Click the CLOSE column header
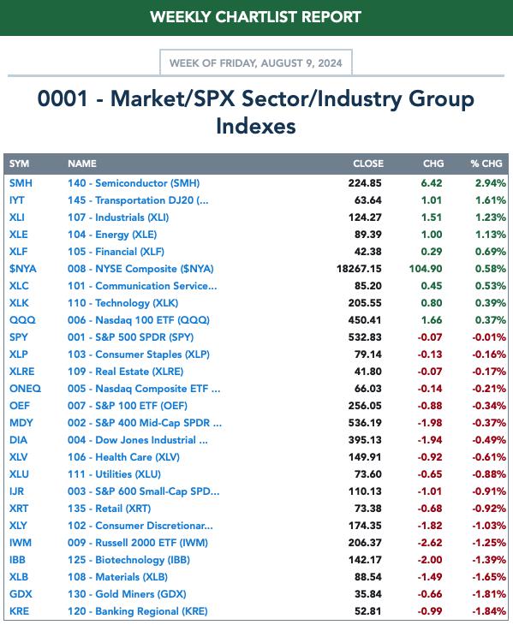(x=368, y=164)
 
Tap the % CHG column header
(x=486, y=164)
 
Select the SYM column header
(x=19, y=164)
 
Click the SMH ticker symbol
(x=21, y=183)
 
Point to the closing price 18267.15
(x=359, y=269)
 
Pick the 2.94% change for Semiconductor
(x=490, y=183)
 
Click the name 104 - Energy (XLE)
(x=112, y=235)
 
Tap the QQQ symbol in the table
(x=22, y=320)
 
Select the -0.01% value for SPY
(x=489, y=337)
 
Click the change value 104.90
(x=426, y=269)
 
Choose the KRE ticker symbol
(x=19, y=611)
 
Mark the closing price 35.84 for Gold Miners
(x=368, y=594)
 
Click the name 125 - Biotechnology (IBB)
(x=128, y=560)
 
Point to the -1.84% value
(x=489, y=611)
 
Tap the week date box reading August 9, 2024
(x=256, y=62)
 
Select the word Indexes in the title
(x=256, y=126)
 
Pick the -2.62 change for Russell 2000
(x=430, y=543)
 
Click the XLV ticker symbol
(x=18, y=457)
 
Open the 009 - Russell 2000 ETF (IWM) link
(x=138, y=543)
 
